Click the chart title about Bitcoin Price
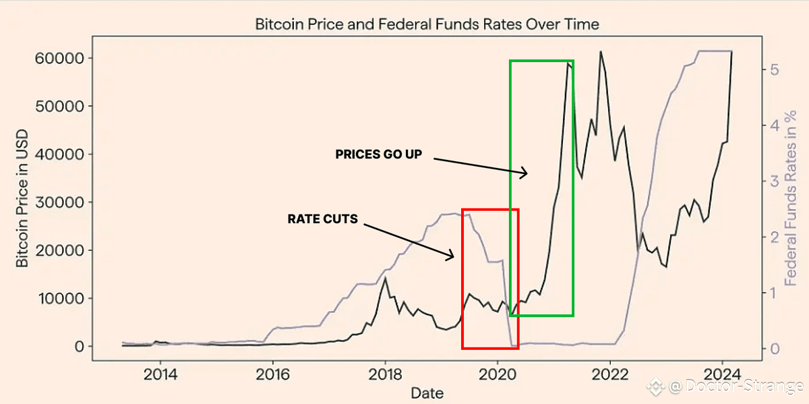tap(427, 24)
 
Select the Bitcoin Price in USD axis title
tap(23, 202)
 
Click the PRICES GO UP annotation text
tap(378, 154)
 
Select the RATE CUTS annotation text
tap(322, 219)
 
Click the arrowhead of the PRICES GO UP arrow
tap(527, 175)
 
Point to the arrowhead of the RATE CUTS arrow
tap(453, 256)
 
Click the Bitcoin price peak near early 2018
tap(384, 279)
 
